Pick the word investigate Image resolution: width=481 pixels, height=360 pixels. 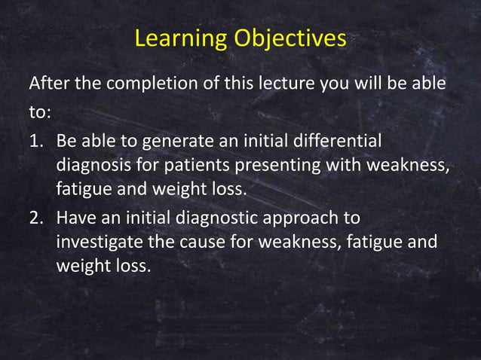[x=97, y=243]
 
